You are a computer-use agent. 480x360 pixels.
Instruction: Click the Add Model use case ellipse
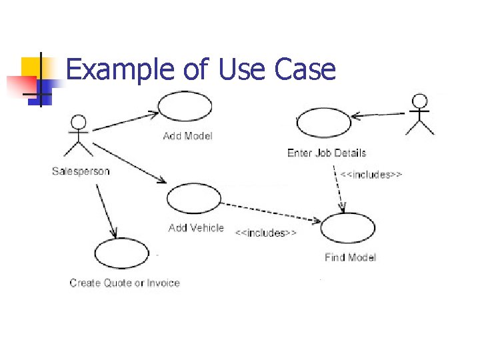(185, 107)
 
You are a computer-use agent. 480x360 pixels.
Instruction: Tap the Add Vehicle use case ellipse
(193, 199)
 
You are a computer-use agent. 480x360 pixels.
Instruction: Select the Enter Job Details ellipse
(323, 123)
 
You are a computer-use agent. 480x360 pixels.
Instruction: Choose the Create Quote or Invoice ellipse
(122, 253)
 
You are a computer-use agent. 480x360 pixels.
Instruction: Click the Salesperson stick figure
(79, 136)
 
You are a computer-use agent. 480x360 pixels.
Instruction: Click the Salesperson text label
(81, 171)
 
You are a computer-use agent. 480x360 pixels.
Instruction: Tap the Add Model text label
(188, 136)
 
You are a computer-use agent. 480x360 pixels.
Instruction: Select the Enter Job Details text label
(327, 153)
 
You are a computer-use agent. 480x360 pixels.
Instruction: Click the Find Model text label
(351, 257)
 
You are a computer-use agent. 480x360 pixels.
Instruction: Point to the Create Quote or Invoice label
(125, 283)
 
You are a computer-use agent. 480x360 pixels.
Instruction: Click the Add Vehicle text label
(196, 228)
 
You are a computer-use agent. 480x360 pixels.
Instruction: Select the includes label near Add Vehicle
(266, 233)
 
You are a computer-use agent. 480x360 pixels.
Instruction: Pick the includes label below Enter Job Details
(371, 175)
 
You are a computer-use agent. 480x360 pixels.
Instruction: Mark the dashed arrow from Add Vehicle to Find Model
(270, 211)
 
